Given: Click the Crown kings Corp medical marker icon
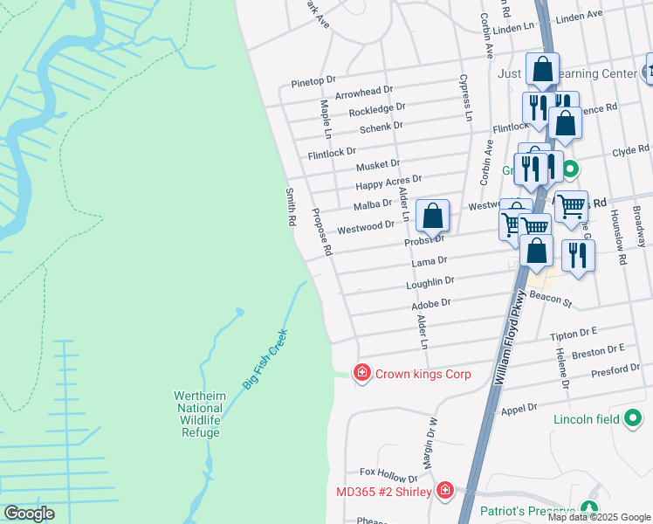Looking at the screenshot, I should pos(361,373).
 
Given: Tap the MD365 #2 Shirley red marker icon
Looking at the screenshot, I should pos(446,491).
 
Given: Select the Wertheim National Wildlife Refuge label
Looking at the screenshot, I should pos(201,414).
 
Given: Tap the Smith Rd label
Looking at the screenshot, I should pos(292,207).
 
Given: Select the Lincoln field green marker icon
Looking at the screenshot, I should pos(634,419).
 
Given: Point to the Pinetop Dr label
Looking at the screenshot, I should pos(313,80).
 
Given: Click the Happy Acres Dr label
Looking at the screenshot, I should pos(388,183).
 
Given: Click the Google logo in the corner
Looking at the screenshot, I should pos(29,514).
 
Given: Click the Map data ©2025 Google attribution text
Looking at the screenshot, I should pos(599,517).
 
